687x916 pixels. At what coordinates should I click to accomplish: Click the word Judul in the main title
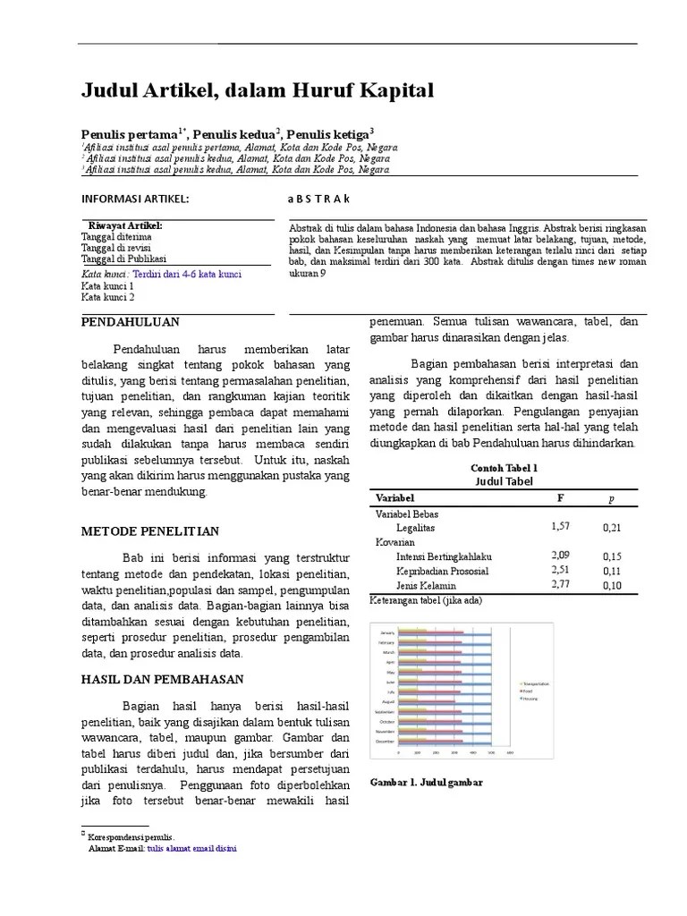pos(107,90)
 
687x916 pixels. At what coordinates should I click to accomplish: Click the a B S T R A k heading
pos(318,199)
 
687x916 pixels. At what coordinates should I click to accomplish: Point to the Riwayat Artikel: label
pos(125,225)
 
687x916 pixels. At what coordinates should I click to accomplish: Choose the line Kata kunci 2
pos(108,297)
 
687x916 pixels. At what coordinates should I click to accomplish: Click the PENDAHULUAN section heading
pos(131,322)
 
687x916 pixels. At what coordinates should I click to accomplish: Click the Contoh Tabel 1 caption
pos(504,468)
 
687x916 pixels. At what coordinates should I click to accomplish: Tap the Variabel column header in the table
pos(394,497)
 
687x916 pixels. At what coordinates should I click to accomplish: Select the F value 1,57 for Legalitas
pos(562,527)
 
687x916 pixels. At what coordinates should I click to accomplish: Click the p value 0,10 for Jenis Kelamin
pos(612,586)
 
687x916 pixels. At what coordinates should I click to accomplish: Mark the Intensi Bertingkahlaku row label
pos(445,556)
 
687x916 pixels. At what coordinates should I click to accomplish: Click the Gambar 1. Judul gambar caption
pos(426,782)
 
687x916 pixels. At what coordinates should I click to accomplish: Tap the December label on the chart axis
pos(385,742)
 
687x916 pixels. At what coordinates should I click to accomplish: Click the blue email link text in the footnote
pos(192,846)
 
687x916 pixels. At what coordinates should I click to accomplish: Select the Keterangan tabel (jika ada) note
pos(426,601)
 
